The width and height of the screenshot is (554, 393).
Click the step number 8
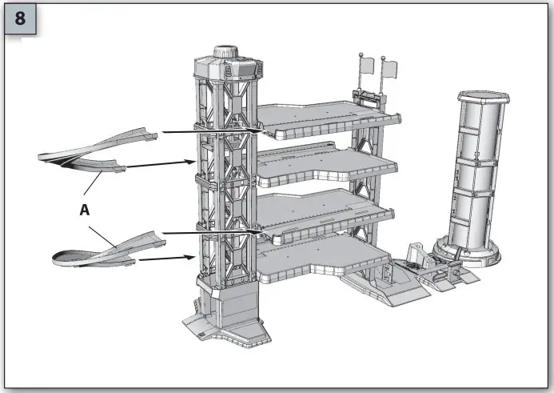[x=20, y=18]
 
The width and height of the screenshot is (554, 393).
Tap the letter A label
[x=85, y=211]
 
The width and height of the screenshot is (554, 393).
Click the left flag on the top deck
[x=367, y=66]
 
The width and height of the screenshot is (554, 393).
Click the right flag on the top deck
[x=389, y=69]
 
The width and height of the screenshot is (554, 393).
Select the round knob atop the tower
[x=225, y=51]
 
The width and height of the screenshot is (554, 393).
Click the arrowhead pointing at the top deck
[x=257, y=131]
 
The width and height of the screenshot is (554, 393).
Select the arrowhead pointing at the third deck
[x=256, y=232]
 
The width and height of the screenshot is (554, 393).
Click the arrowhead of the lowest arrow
[x=189, y=257]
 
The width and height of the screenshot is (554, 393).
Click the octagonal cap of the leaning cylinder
[x=484, y=97]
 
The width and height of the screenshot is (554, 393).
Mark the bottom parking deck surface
[x=321, y=259]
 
